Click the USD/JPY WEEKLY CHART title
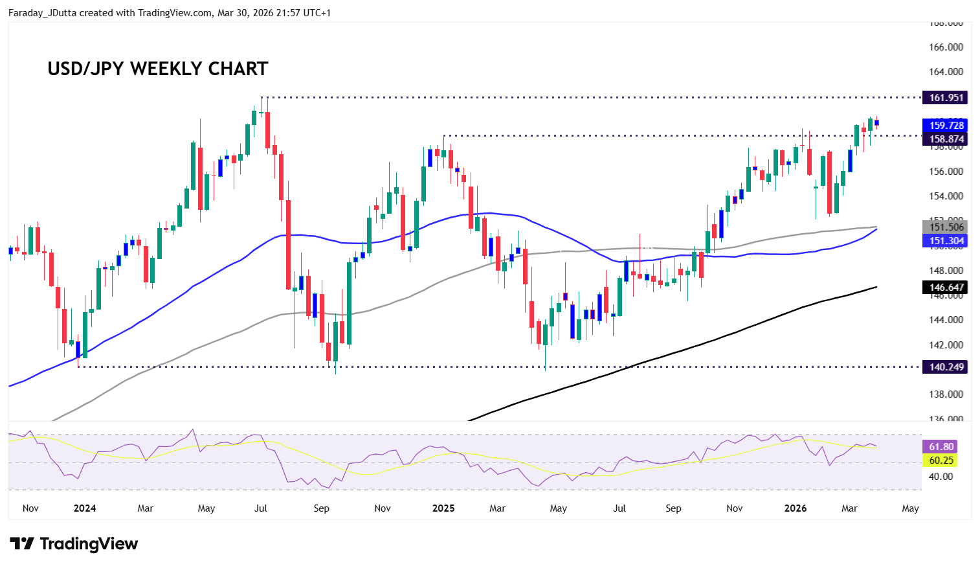(157, 69)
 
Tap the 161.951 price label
(946, 98)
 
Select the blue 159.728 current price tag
(946, 126)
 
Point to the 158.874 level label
(946, 139)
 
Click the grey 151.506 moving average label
(946, 227)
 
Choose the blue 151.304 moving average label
(946, 241)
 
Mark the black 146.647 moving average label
(946, 288)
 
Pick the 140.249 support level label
(946, 367)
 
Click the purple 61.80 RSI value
(941, 447)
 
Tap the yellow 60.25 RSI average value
(941, 460)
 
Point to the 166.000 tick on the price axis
(946, 47)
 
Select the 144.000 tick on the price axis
(946, 320)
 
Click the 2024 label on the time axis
(85, 508)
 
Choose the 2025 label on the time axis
(443, 508)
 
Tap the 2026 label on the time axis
(795, 508)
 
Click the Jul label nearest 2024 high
(261, 508)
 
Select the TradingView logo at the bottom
(74, 544)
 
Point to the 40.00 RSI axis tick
(941, 477)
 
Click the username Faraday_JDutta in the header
(42, 13)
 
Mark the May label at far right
(910, 508)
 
